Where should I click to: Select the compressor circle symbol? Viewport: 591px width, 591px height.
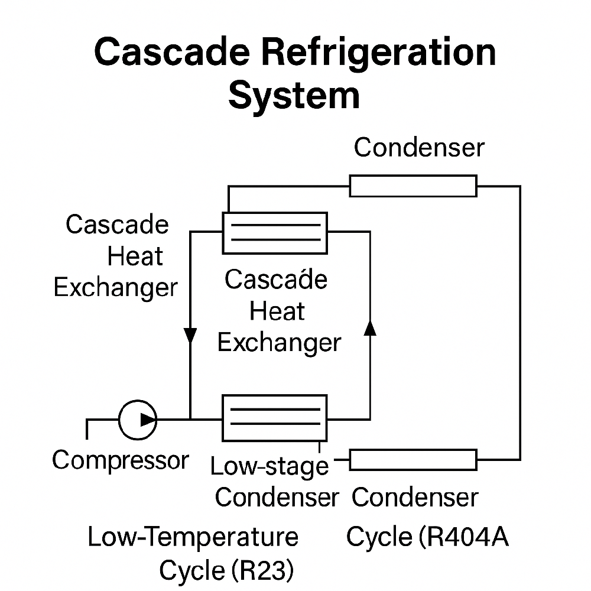click(x=138, y=420)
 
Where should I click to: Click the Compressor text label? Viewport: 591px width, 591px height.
click(x=120, y=460)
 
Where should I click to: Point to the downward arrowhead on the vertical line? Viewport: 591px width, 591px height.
click(x=190, y=336)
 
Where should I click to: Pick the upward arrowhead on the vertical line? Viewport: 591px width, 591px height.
click(x=370, y=327)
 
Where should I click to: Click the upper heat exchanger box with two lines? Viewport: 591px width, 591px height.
click(x=274, y=233)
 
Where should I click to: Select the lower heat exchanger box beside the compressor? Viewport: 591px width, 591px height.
click(x=274, y=418)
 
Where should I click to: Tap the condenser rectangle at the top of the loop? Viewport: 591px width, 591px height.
click(x=413, y=186)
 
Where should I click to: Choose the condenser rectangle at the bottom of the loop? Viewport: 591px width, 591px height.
click(x=413, y=459)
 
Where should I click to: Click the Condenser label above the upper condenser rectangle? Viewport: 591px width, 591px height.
click(x=419, y=148)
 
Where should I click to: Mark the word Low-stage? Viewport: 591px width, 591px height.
click(x=269, y=466)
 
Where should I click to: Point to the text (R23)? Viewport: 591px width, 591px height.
click(x=259, y=571)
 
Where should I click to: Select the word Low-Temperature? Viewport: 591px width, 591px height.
click(x=193, y=538)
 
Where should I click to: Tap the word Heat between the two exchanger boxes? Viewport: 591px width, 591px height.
click(x=277, y=311)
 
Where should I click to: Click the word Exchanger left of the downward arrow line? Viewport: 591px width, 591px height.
click(x=115, y=288)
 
